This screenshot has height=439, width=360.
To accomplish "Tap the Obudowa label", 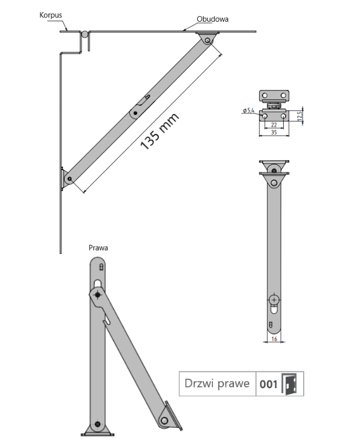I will click(x=212, y=19).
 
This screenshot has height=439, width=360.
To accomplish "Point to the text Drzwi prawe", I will click(x=217, y=384).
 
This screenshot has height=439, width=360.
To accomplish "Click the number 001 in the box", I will click(x=269, y=384).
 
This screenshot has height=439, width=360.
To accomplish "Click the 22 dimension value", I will click(x=274, y=125).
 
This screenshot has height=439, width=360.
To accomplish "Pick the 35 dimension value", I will click(x=274, y=133).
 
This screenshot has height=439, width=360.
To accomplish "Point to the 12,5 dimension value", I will click(x=300, y=115).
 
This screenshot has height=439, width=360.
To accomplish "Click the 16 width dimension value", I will click(x=274, y=339).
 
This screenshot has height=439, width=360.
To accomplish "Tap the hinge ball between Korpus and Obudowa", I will click(x=84, y=35).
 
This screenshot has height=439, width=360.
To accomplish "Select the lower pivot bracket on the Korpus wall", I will click(x=67, y=179).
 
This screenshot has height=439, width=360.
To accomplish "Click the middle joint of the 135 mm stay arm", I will click(x=135, y=112).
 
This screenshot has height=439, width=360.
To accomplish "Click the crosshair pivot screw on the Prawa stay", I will click(x=98, y=295).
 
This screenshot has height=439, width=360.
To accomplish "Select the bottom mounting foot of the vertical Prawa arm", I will click(x=99, y=427).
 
